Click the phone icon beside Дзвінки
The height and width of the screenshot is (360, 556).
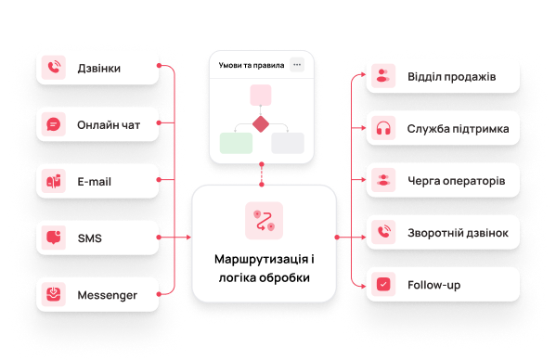(x=54, y=68)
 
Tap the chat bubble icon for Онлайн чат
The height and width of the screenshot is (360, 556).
(x=54, y=124)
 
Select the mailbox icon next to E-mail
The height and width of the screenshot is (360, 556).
(x=54, y=181)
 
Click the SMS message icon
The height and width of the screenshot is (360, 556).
(x=54, y=238)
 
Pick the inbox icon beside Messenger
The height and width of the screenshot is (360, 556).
(x=54, y=294)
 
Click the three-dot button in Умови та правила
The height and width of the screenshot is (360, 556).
(x=297, y=65)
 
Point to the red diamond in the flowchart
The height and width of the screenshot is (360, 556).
(x=261, y=124)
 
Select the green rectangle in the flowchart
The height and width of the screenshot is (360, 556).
(x=236, y=143)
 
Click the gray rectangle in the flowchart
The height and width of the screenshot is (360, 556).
(x=288, y=143)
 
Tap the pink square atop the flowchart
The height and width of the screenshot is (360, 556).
(x=261, y=95)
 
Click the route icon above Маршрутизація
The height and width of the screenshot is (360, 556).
(x=265, y=221)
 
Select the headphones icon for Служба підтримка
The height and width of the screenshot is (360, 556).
(x=383, y=128)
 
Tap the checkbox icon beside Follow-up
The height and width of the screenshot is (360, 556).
(x=383, y=284)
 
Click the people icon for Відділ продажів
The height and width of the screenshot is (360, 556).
(x=383, y=76)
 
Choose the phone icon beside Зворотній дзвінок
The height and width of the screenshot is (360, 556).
(x=383, y=232)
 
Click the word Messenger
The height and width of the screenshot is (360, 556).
(x=107, y=295)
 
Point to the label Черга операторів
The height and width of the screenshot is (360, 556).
(x=457, y=181)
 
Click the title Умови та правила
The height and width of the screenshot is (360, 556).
(x=252, y=65)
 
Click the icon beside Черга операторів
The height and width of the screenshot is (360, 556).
(x=383, y=180)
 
